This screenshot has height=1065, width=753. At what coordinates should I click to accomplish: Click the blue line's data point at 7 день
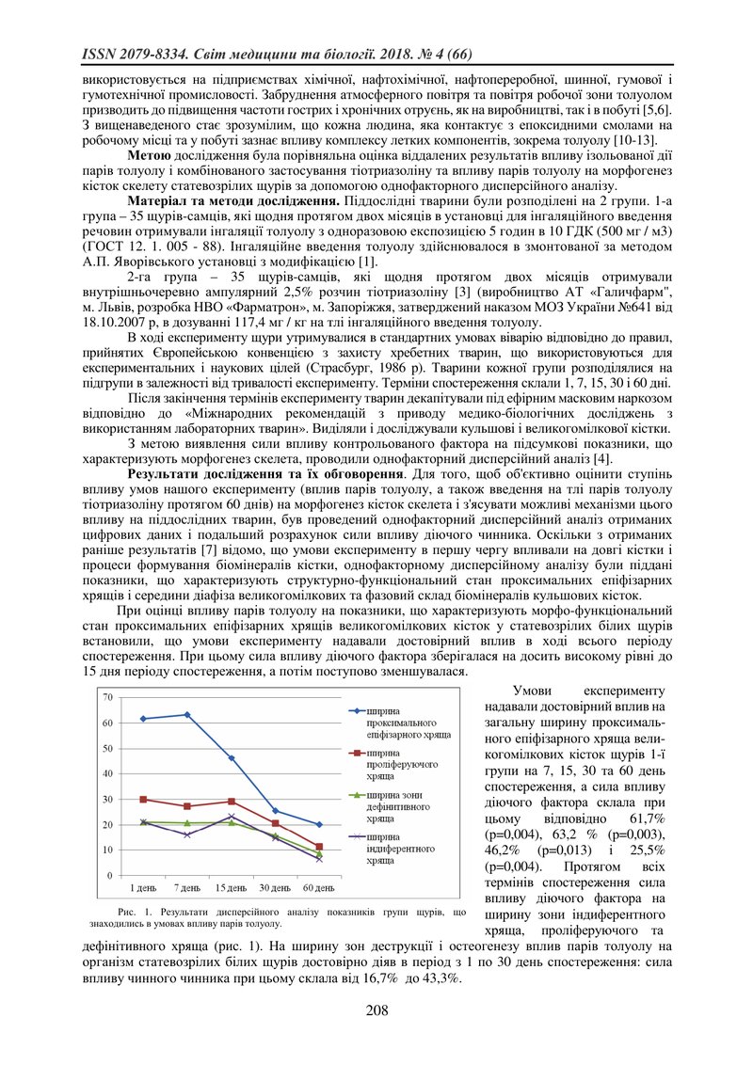(x=187, y=714)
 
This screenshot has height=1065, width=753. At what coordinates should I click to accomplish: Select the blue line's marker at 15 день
(x=232, y=757)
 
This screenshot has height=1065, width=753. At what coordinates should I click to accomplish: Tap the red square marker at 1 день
(x=143, y=799)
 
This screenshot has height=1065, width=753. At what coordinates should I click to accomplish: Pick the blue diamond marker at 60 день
(x=319, y=824)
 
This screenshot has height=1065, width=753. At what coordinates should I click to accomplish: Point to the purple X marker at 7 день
(x=187, y=835)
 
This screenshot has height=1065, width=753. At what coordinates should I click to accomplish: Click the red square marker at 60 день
(x=319, y=847)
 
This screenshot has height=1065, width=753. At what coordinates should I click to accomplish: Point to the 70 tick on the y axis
(x=107, y=697)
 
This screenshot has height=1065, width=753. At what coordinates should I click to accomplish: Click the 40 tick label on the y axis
(x=107, y=773)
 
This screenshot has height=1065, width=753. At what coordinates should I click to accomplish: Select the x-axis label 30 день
(x=275, y=887)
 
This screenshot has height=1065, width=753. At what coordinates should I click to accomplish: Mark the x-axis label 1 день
(x=143, y=887)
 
